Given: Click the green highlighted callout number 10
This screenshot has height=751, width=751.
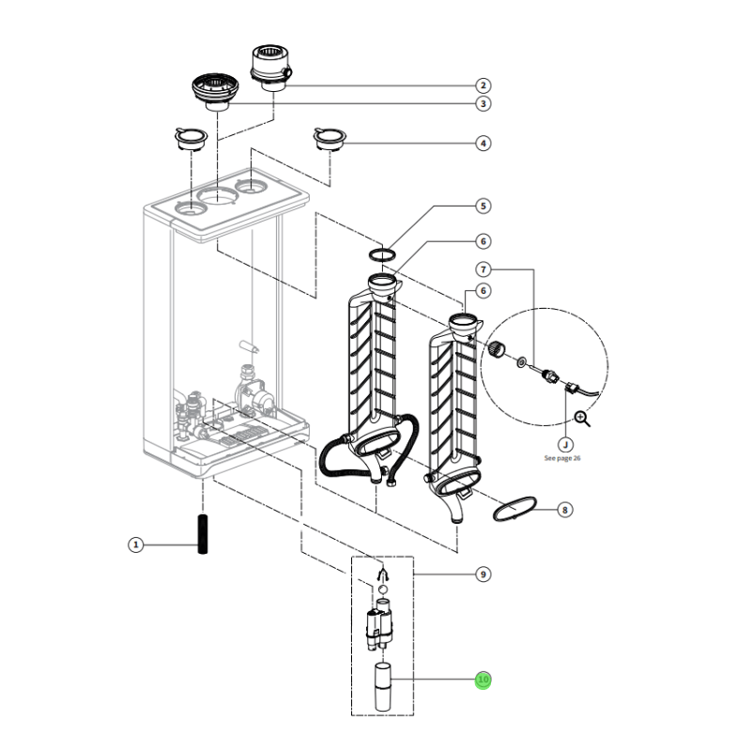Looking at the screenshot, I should coord(483,680).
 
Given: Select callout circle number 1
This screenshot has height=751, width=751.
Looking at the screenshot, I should coord(135,544).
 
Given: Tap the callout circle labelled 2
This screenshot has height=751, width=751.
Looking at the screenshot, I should coord(483,84).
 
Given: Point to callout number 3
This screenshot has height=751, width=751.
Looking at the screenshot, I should coord(483,104).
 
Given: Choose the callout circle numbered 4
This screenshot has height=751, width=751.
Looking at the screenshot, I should coord(483,144).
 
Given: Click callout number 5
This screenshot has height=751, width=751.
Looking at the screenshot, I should coord(483,206).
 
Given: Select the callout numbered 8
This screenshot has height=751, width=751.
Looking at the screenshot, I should coord(564,511).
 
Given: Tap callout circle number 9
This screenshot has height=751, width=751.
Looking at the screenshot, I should coord(483,574).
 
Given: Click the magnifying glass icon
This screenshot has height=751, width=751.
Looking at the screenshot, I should coord(582,419).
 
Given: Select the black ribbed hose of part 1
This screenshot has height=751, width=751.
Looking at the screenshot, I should coord(201,535).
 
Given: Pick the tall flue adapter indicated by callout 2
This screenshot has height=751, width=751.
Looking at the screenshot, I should coord(269,66).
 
